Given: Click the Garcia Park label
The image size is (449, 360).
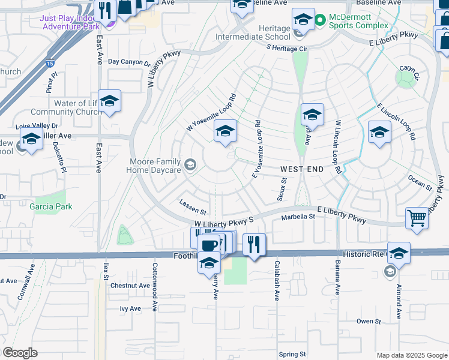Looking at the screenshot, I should (50, 207).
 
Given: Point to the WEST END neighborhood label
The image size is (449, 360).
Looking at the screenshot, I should (303, 170).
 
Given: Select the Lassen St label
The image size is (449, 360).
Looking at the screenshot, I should (193, 208).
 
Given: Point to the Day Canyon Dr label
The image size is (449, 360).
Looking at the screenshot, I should (128, 62).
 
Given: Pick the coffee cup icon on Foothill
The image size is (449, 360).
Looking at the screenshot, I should (209, 245).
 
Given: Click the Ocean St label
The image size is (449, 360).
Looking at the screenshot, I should (420, 182).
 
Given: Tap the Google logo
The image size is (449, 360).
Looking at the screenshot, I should (20, 352).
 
